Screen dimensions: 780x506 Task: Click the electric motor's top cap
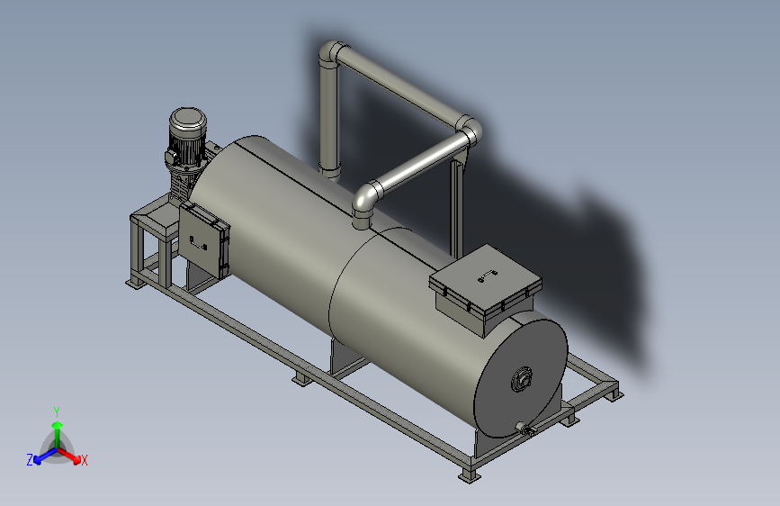pos(187,119)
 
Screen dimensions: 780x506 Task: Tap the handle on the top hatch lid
pos(488,275)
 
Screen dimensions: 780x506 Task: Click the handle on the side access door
pos(199,242)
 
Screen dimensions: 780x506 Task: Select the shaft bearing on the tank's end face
pos(522,380)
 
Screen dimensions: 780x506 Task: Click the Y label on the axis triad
pos(57,412)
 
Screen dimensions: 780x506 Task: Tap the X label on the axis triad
pos(84,461)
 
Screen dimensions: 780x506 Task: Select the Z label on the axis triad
pos(30,460)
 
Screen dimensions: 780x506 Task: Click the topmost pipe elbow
pos(332,52)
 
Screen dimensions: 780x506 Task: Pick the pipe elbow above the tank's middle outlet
pos(365,198)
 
